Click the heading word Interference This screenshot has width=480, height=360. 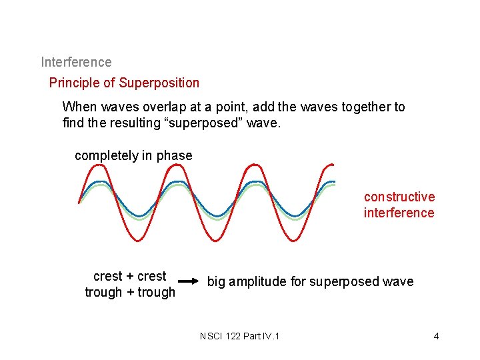pyautogui.click(x=76, y=62)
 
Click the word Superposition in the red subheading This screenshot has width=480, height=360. pyautogui.click(x=159, y=83)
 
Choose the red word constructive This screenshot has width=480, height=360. pyautogui.click(x=399, y=197)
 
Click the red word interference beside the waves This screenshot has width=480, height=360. pyautogui.click(x=399, y=213)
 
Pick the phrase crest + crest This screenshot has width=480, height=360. pyautogui.click(x=130, y=276)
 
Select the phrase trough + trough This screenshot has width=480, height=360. pyautogui.click(x=130, y=292)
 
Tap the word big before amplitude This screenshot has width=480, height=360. pyautogui.click(x=217, y=281)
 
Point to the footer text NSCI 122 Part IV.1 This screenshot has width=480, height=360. pyautogui.click(x=239, y=335)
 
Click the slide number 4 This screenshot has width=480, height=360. pyautogui.click(x=436, y=335)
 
